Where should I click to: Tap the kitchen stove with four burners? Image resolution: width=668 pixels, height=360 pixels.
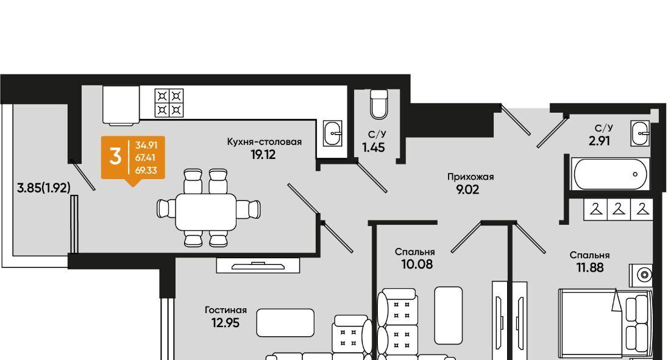169,102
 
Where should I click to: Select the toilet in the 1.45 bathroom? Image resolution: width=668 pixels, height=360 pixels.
378,104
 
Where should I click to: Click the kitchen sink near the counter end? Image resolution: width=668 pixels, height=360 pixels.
332,133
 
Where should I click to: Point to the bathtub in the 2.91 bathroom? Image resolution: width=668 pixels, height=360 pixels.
610,174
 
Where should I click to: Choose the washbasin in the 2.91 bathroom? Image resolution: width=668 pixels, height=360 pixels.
641,133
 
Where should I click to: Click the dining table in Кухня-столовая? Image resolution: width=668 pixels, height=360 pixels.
206,211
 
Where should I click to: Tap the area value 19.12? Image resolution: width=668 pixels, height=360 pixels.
263,155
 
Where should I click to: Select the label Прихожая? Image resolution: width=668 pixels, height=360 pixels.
471,177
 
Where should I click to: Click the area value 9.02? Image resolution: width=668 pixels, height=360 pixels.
467,189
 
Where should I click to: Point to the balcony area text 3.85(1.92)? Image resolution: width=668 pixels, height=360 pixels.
43,188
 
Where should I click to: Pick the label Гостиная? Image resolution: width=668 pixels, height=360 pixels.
226,310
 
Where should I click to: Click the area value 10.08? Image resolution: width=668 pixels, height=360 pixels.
417,264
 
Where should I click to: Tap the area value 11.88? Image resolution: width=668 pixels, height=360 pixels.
589,267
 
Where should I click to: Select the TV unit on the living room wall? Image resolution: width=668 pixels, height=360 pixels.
258,266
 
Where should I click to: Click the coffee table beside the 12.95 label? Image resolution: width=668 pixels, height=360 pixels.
285,323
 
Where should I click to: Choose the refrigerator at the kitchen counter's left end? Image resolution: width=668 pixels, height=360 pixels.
121,105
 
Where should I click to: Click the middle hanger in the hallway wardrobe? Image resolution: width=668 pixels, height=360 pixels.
619,210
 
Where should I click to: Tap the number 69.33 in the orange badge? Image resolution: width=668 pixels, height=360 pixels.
146,171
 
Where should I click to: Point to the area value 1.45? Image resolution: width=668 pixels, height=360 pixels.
374,147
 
